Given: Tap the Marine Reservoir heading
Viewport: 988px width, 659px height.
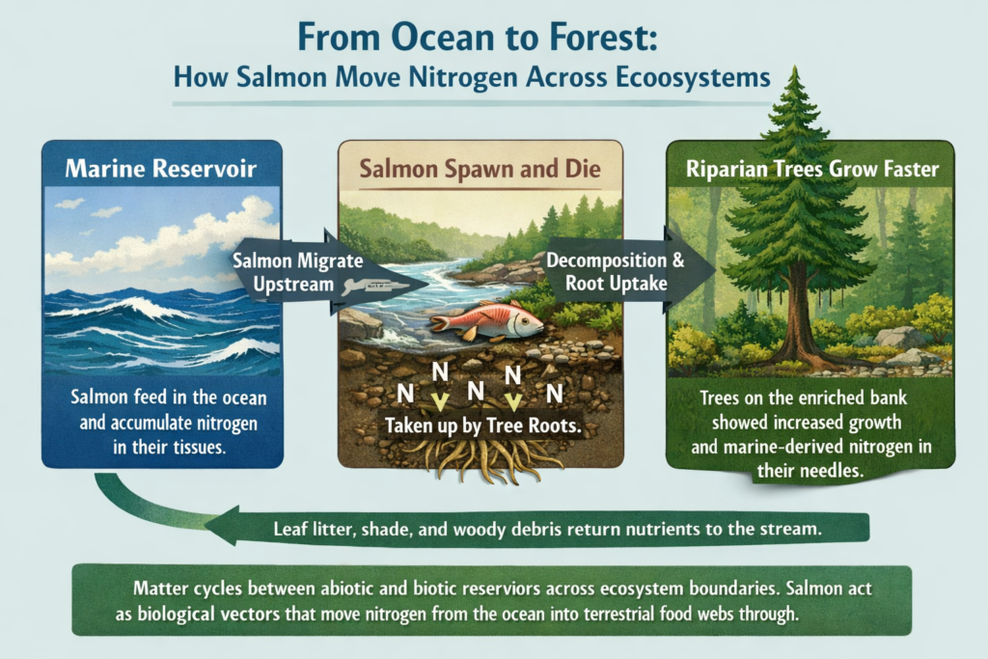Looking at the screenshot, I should click(x=162, y=170).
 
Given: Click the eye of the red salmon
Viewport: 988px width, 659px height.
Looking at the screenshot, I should click(x=520, y=314).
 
